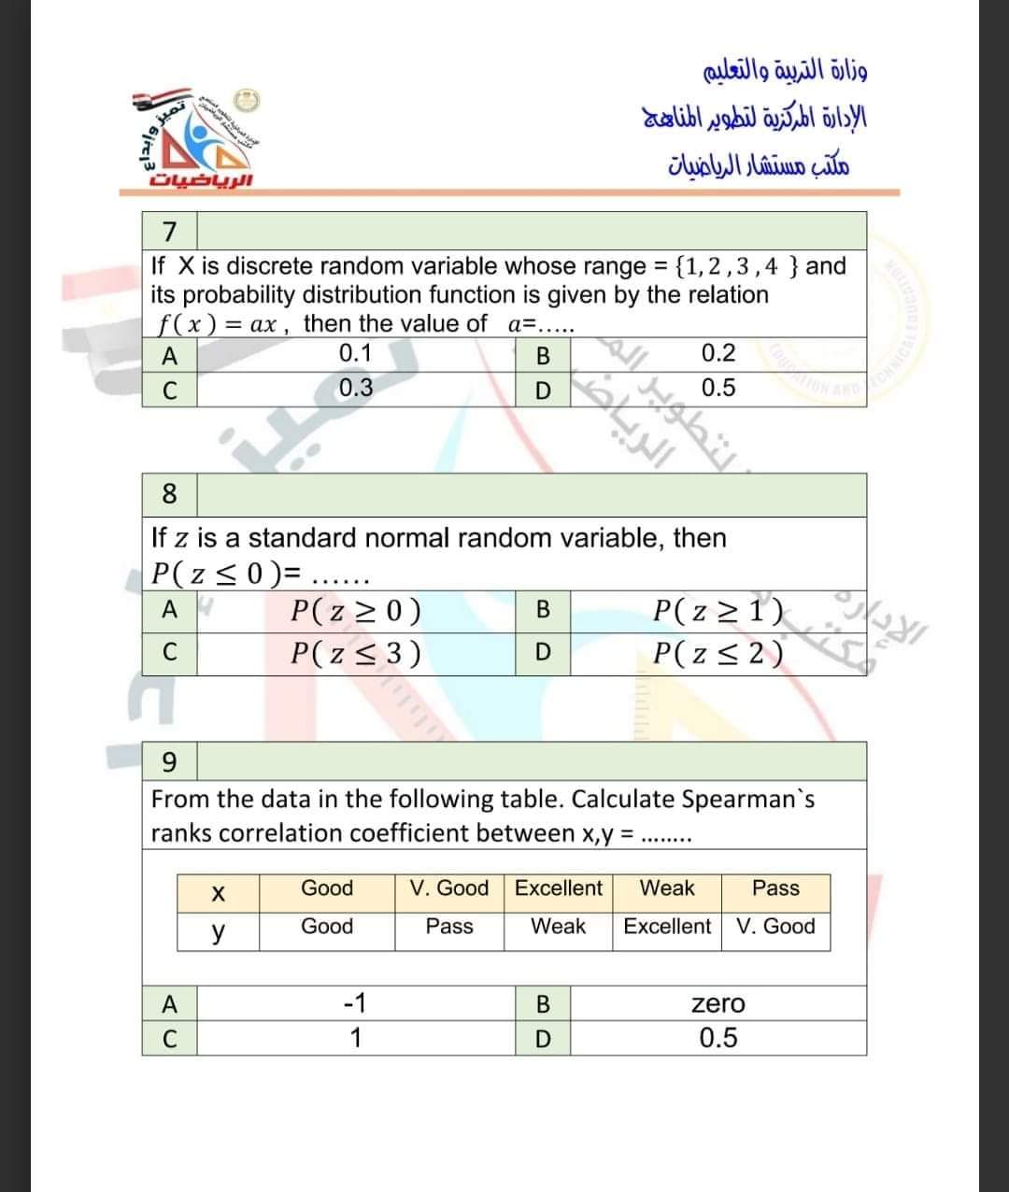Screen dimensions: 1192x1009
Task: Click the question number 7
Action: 169,230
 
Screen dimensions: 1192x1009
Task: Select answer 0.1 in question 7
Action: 355,353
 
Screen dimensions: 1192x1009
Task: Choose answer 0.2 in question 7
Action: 718,353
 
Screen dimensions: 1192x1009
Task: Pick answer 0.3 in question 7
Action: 355,388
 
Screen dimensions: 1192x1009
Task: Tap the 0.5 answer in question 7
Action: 718,388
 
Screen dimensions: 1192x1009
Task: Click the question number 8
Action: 169,492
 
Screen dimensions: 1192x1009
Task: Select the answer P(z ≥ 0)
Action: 355,611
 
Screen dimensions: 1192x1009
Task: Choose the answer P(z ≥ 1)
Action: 718,611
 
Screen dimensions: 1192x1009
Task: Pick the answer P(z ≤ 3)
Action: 355,652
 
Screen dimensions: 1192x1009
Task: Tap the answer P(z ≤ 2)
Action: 718,652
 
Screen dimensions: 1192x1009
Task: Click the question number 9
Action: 169,762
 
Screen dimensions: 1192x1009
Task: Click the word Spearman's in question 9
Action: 747,800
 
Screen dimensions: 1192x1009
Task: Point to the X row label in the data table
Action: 218,893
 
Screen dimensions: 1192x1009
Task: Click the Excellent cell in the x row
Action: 559,888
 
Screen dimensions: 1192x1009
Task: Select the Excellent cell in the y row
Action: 667,927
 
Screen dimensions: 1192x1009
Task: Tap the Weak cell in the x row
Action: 667,888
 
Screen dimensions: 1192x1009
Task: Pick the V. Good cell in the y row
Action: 775,927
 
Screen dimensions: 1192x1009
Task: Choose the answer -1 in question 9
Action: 355,1004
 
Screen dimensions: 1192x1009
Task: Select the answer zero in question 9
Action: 718,1004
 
